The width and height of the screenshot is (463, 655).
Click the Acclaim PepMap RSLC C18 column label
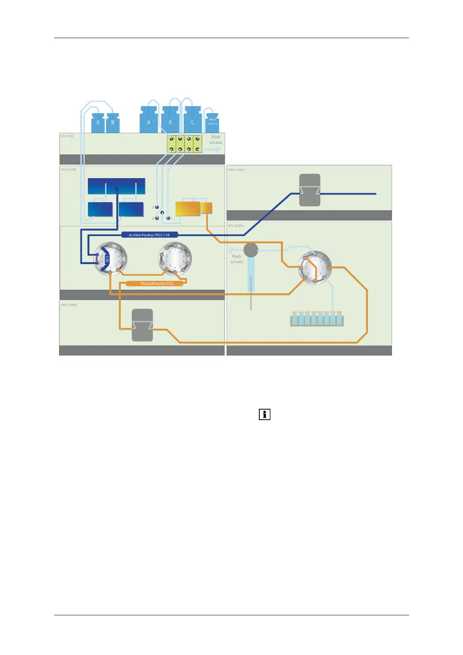(x=149, y=235)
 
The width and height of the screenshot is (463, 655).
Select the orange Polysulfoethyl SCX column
(x=157, y=284)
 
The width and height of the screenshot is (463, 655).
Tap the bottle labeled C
(x=193, y=121)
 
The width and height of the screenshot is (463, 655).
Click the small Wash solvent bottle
(x=212, y=122)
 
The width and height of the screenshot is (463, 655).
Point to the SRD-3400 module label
(x=67, y=136)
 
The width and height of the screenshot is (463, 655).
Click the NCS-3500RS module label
(x=68, y=170)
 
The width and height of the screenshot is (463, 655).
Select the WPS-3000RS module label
(x=236, y=226)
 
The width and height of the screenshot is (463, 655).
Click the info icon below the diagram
(x=264, y=415)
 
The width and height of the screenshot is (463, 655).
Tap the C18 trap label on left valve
(x=107, y=259)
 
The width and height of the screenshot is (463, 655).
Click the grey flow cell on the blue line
(x=310, y=190)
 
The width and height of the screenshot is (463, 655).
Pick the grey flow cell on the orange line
(x=142, y=325)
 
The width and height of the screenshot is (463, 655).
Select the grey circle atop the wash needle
(x=251, y=250)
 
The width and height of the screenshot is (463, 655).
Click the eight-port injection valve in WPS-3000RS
(x=315, y=267)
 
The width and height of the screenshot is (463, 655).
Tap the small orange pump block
(x=207, y=208)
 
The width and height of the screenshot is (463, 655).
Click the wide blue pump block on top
(x=116, y=186)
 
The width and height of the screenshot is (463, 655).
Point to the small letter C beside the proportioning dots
(x=171, y=219)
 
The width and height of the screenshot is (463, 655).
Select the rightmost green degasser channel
(x=197, y=144)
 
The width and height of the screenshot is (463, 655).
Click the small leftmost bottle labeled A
(x=98, y=123)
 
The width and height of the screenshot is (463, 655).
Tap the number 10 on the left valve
(x=115, y=252)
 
